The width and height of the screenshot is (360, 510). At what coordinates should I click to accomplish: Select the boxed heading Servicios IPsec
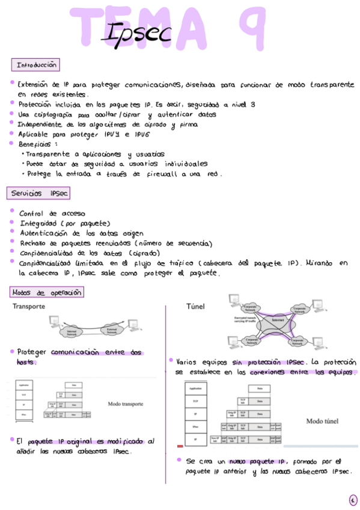(x=40, y=194)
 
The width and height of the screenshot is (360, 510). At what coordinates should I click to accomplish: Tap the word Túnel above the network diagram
(x=195, y=307)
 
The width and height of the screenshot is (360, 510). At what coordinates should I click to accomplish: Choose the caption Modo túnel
(x=323, y=421)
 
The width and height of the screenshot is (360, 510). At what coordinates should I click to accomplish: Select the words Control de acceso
(x=52, y=214)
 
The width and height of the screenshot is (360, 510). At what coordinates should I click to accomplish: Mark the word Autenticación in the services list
(x=44, y=233)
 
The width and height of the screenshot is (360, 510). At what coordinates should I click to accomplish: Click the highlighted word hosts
(x=26, y=362)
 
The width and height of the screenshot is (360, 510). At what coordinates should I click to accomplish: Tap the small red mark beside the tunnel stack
(x=180, y=446)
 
